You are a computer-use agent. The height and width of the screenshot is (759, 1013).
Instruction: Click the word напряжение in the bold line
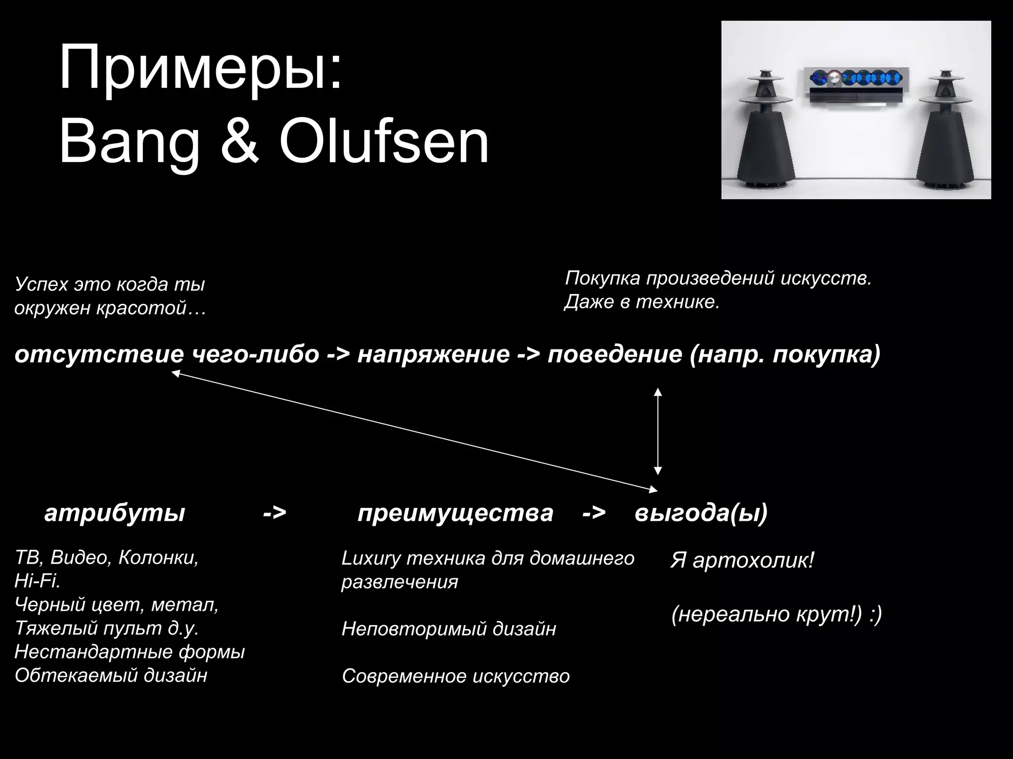[433, 354]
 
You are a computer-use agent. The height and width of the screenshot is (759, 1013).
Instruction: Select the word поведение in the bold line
[615, 354]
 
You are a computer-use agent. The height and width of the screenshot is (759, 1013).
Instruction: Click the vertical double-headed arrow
[658, 431]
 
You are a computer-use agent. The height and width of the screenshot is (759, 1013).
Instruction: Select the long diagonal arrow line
[414, 432]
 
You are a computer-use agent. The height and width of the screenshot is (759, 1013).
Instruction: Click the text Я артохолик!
[741, 560]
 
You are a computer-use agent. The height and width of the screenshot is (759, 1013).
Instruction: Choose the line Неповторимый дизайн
[449, 629]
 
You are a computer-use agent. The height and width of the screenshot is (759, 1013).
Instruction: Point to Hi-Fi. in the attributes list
[38, 581]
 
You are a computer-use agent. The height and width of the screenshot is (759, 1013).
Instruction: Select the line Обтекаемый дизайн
[111, 675]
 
